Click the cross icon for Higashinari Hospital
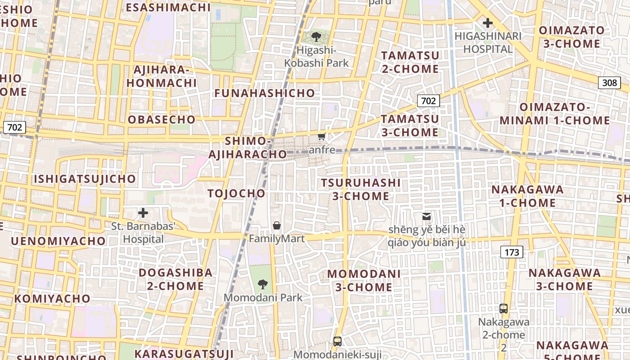[487, 23]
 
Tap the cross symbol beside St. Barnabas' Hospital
[143, 213]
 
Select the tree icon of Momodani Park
[263, 284]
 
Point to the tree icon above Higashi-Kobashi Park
[316, 37]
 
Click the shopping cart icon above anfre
[321, 137]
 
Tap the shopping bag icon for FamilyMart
[277, 225]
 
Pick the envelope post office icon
[426, 216]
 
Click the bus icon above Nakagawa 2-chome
[504, 309]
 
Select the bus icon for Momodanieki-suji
[337, 342]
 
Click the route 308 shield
[609, 82]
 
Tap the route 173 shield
[512, 252]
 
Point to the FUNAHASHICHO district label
[265, 93]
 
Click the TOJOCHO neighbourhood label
[237, 193]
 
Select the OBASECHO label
[162, 120]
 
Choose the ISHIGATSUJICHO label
[85, 179]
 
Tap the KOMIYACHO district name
[52, 298]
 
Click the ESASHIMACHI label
[168, 7]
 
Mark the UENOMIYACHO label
[58, 241]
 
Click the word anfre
[322, 149]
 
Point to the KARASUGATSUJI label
[184, 353]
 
